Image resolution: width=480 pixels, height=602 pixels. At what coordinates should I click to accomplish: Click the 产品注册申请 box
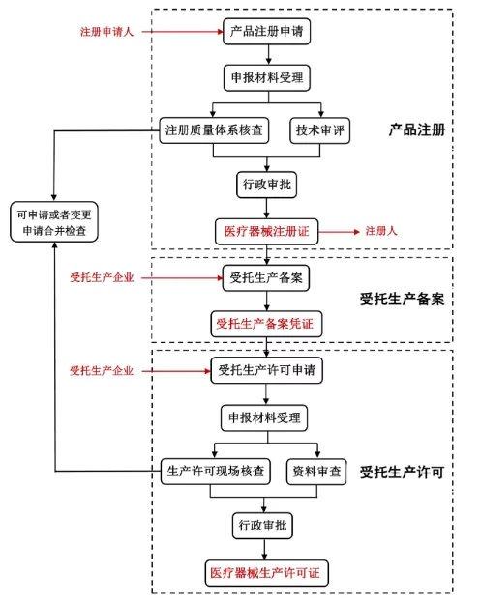coord(265,31)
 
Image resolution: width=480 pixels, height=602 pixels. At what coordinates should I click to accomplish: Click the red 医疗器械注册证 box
coord(266,232)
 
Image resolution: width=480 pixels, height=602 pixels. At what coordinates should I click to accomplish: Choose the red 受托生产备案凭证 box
coord(266,322)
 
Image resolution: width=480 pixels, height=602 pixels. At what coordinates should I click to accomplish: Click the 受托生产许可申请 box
coord(266,370)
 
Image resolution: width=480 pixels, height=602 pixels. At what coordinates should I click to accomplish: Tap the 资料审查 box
coord(316,472)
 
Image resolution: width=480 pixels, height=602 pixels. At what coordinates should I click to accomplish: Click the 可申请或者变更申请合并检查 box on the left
coord(54,222)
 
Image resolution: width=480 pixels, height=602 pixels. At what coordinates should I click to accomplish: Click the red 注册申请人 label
coord(105,31)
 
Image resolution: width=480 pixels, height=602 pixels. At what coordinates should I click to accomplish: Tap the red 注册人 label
coord(381,232)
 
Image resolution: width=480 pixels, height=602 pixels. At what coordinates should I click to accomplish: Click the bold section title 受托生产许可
coord(402,472)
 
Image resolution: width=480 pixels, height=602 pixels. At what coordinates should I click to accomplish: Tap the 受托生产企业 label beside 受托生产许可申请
coord(102,370)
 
